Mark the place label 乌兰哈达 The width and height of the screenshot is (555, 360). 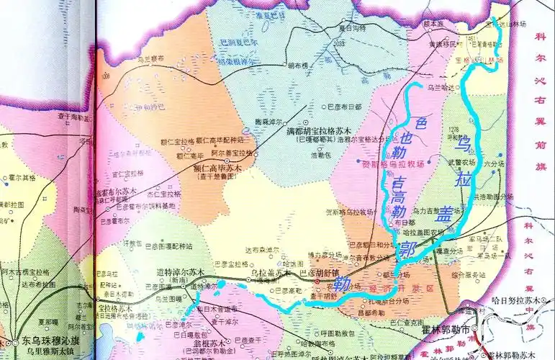tap(441, 86)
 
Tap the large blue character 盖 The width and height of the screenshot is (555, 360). tap(446, 212)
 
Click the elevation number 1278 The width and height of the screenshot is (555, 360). tap(453, 130)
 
